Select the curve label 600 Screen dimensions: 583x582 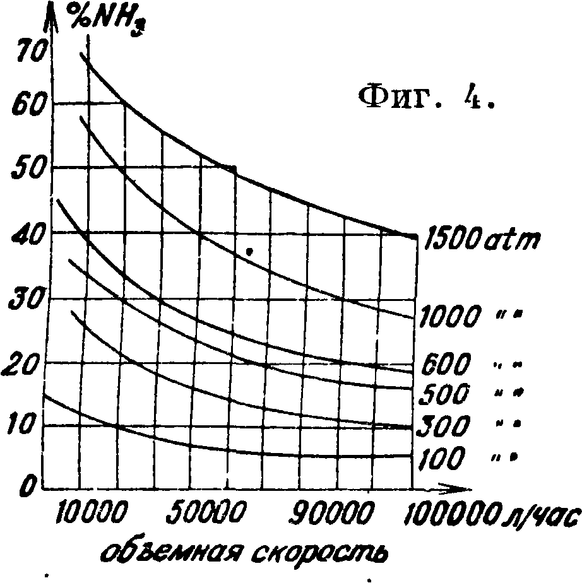tap(446, 365)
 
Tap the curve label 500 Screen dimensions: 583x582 tap(445, 394)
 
